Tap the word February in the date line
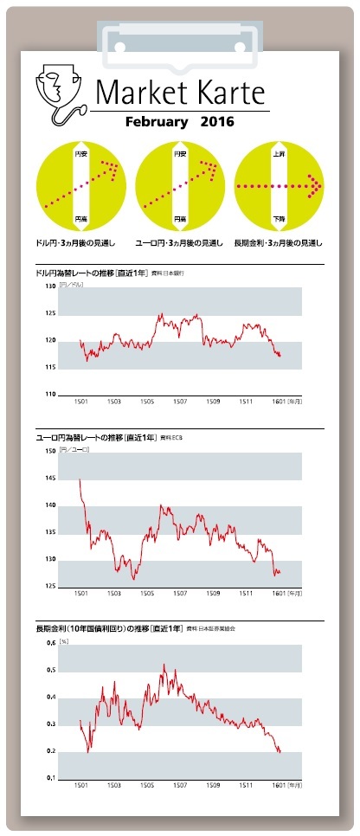point(157,122)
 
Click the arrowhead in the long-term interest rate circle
point(317,185)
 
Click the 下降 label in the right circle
point(279,218)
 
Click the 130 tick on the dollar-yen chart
point(49,286)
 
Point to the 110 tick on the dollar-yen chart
point(49,395)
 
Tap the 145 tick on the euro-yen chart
point(49,479)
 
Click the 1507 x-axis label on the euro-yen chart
point(179,594)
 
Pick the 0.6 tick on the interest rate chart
point(51,644)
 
